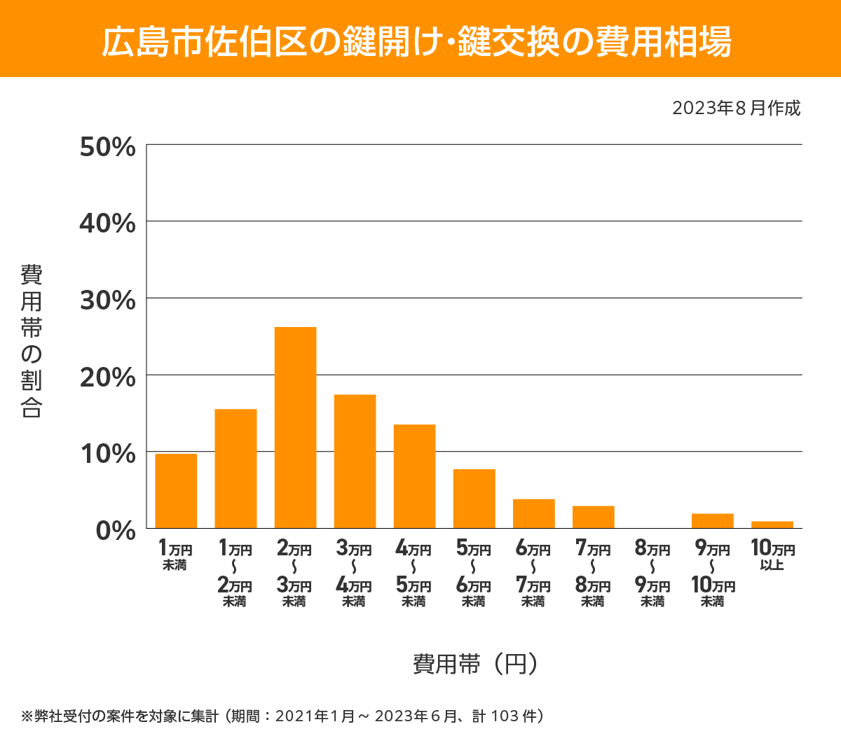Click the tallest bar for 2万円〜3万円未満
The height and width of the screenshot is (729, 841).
pos(295,427)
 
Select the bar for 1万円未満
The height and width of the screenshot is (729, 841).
pos(176,491)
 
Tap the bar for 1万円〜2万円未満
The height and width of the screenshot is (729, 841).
pos(235,468)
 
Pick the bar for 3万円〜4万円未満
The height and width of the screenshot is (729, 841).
pos(355,461)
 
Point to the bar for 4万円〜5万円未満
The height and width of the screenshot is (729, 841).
pos(414,476)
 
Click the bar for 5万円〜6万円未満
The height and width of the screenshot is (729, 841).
pos(474,499)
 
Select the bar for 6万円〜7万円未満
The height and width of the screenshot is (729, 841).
pos(533,513)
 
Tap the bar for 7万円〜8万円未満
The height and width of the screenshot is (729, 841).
pos(593,517)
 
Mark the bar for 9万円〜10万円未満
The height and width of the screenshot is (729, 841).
pos(712,521)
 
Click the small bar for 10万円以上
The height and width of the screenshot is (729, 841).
pos(772,525)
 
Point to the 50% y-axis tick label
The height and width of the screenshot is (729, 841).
pos(107,147)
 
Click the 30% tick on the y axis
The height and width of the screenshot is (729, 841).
pos(107,300)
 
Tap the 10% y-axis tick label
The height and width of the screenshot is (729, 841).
pos(107,454)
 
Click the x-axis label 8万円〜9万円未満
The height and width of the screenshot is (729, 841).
pos(652,574)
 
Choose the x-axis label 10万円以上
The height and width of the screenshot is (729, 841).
pos(772,555)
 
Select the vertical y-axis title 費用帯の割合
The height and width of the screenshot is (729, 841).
pos(32,341)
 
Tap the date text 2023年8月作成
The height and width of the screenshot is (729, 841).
pos(736,109)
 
